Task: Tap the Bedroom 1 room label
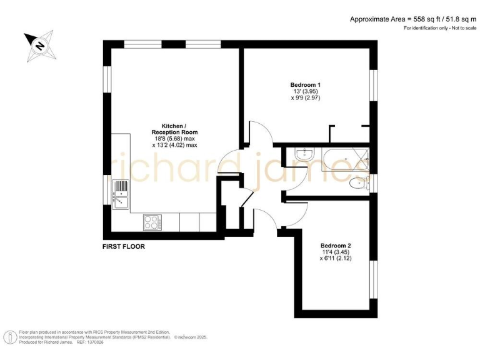click(x=306, y=85)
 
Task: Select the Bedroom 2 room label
click(x=336, y=245)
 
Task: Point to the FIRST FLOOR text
click(x=124, y=247)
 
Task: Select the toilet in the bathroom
click(x=356, y=183)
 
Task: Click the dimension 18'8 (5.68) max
click(x=174, y=138)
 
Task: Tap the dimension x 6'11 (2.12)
click(x=336, y=258)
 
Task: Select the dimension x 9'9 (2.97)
click(x=306, y=98)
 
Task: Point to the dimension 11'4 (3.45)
click(x=336, y=251)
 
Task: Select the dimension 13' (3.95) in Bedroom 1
click(x=306, y=91)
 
